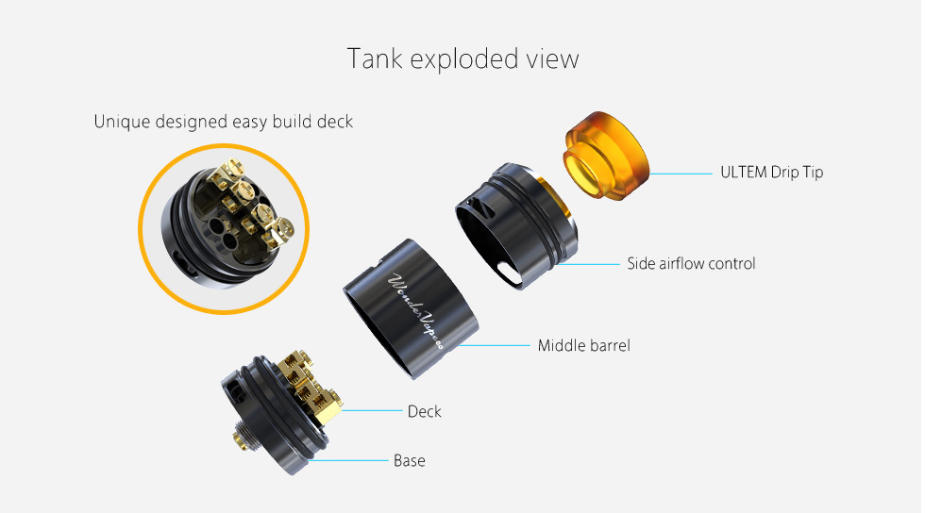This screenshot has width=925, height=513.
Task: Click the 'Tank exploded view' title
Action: click(x=463, y=59)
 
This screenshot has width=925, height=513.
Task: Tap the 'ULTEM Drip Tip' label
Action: click(x=772, y=173)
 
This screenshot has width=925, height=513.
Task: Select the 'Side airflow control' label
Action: click(x=691, y=264)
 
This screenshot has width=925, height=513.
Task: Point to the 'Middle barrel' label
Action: click(x=584, y=345)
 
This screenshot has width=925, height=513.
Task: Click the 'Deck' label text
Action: click(x=424, y=411)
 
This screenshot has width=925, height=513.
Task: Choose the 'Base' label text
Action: click(x=410, y=460)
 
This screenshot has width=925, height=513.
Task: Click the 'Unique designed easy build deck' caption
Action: click(x=224, y=122)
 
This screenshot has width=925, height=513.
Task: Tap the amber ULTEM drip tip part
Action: click(x=606, y=155)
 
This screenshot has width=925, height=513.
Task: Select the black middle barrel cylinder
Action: click(x=412, y=308)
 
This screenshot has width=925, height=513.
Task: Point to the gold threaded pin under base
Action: click(x=241, y=438)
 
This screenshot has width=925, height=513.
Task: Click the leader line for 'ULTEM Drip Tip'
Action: click(x=681, y=174)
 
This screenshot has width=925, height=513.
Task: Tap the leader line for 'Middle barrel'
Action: click(x=494, y=345)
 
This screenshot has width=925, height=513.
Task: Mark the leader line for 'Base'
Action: click(x=347, y=460)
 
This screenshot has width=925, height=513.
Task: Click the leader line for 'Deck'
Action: click(x=372, y=410)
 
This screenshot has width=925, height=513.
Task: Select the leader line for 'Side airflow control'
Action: click(x=587, y=264)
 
